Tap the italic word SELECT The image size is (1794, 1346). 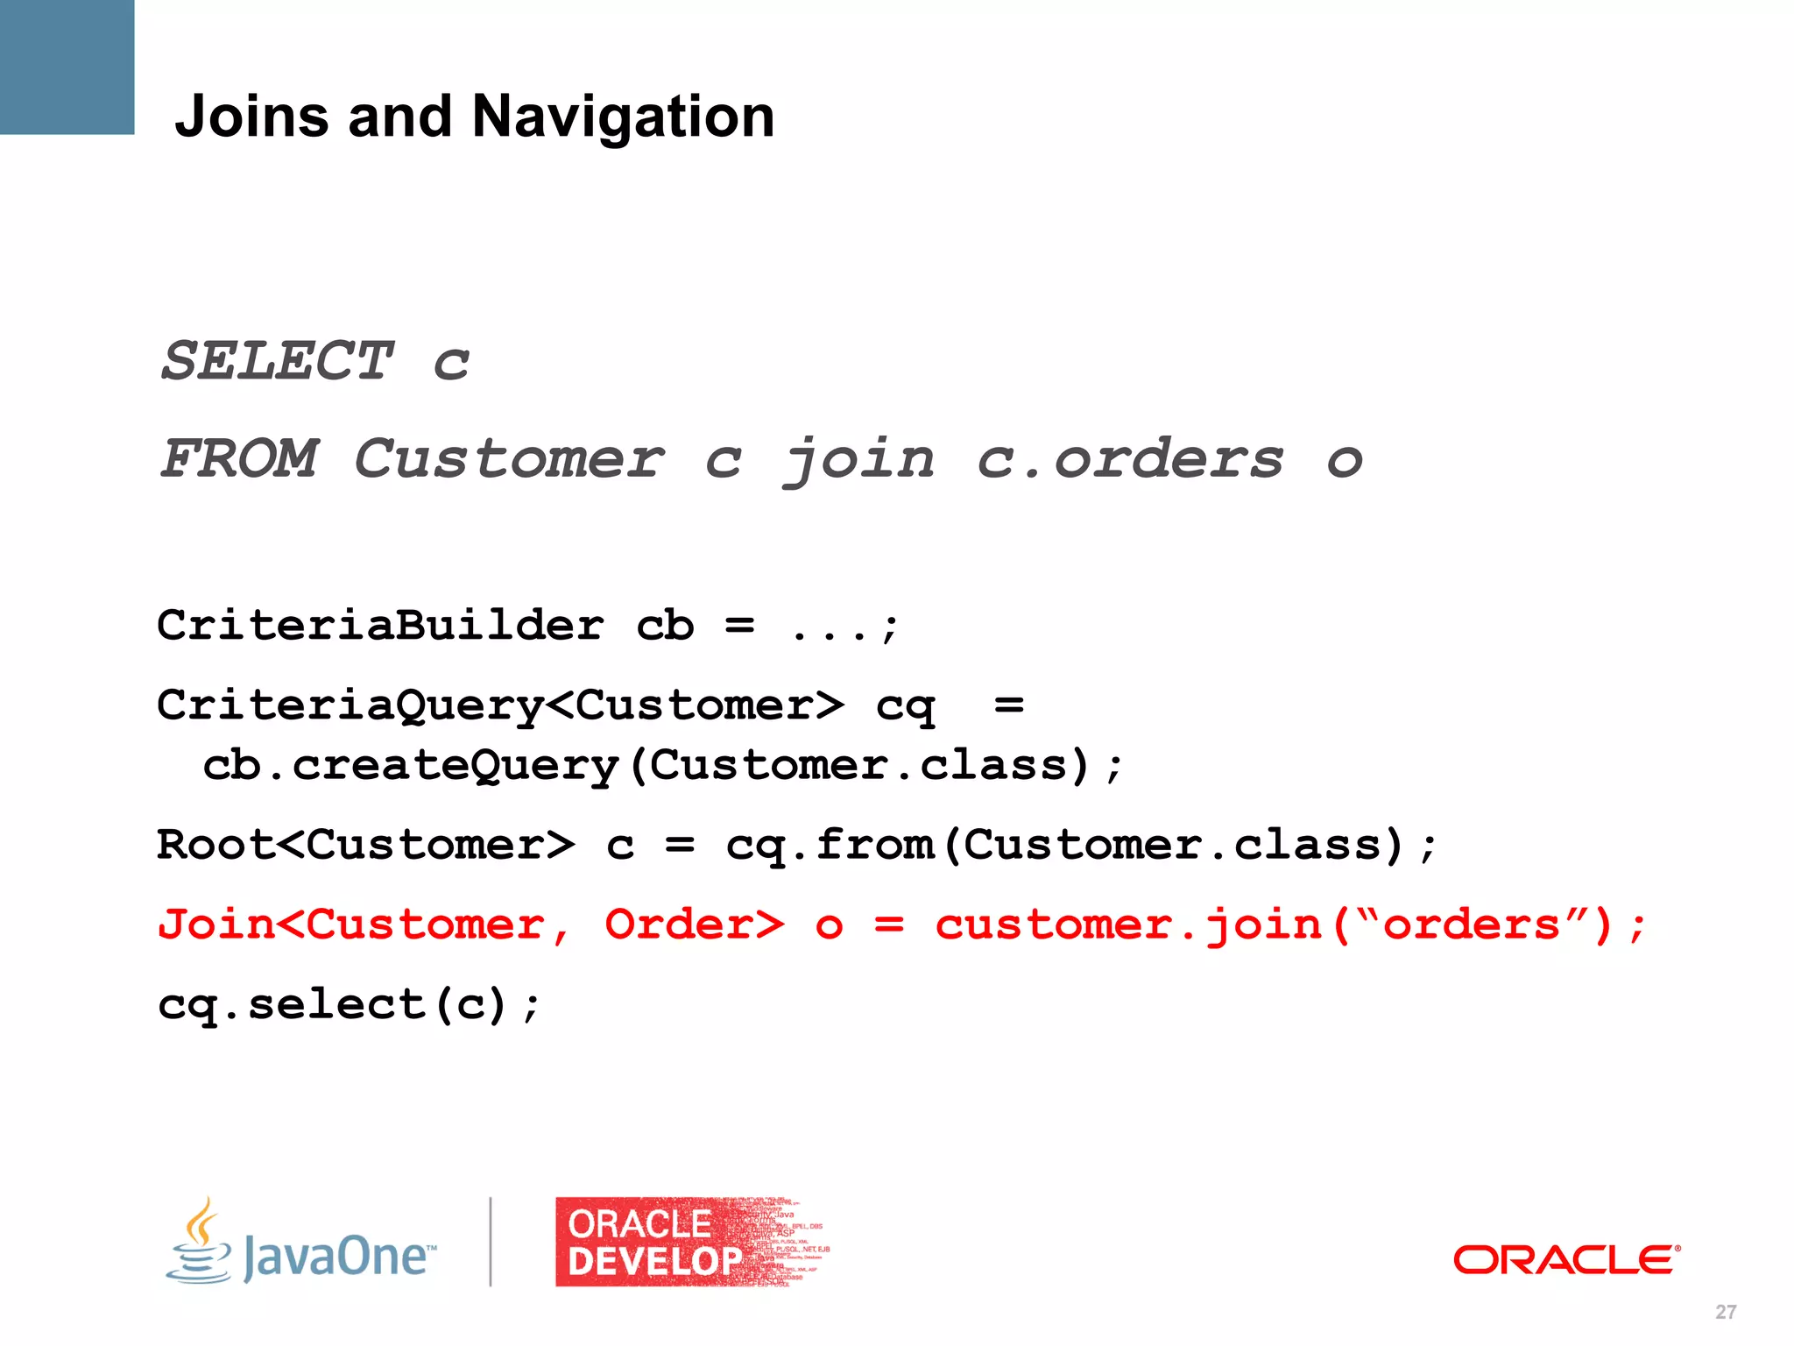pyautogui.click(x=278, y=360)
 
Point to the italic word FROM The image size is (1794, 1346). pyautogui.click(x=240, y=458)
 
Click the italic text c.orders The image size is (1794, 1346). pyautogui.click(x=1130, y=458)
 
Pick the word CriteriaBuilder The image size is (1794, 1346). pyautogui.click(x=381, y=626)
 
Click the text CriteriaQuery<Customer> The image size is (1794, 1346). pyautogui.click(x=500, y=705)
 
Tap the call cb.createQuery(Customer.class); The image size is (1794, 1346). pyautogui.click(x=662, y=766)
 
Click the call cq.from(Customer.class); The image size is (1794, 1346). pyautogui.click(x=1081, y=846)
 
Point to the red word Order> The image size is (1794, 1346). pyautogui.click(x=695, y=925)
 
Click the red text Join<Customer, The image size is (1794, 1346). pyautogui.click(x=364, y=925)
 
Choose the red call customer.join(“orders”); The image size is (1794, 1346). pyautogui.click(x=1291, y=925)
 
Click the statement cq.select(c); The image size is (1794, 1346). pyautogui.click(x=350, y=1005)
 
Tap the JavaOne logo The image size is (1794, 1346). pyautogui.click(x=300, y=1243)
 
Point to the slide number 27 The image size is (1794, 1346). pyautogui.click(x=1726, y=1312)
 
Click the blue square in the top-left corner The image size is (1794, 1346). pyautogui.click(x=67, y=67)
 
